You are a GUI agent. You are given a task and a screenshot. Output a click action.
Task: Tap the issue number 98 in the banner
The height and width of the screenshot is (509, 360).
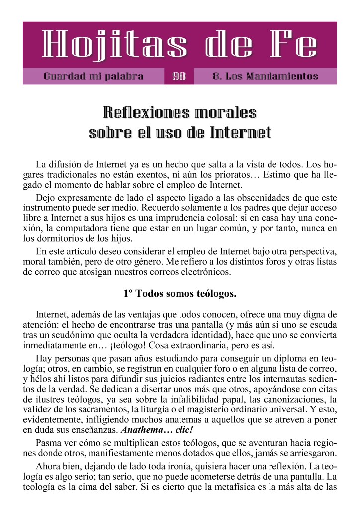(179, 77)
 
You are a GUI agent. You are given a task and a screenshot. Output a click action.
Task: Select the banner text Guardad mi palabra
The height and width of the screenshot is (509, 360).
(93, 77)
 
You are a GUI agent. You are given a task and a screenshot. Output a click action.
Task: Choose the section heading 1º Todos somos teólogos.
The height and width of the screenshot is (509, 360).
(180, 294)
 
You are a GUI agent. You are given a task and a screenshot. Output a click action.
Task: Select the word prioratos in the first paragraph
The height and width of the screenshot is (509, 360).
(235, 175)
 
